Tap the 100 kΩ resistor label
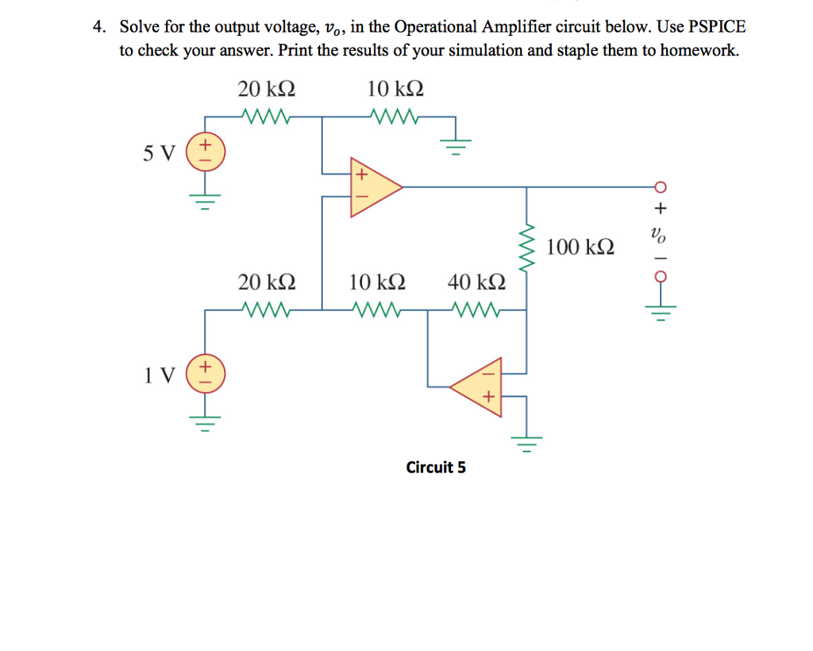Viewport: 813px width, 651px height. click(x=580, y=247)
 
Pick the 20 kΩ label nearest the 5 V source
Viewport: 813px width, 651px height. click(x=267, y=89)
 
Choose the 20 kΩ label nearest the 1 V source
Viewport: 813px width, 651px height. click(x=267, y=282)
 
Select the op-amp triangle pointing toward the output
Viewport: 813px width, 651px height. click(x=373, y=187)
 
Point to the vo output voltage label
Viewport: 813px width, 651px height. click(x=657, y=235)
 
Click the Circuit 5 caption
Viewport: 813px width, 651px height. click(x=436, y=467)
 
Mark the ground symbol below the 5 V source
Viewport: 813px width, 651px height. click(x=205, y=198)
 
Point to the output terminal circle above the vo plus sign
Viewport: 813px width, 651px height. click(x=658, y=187)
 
